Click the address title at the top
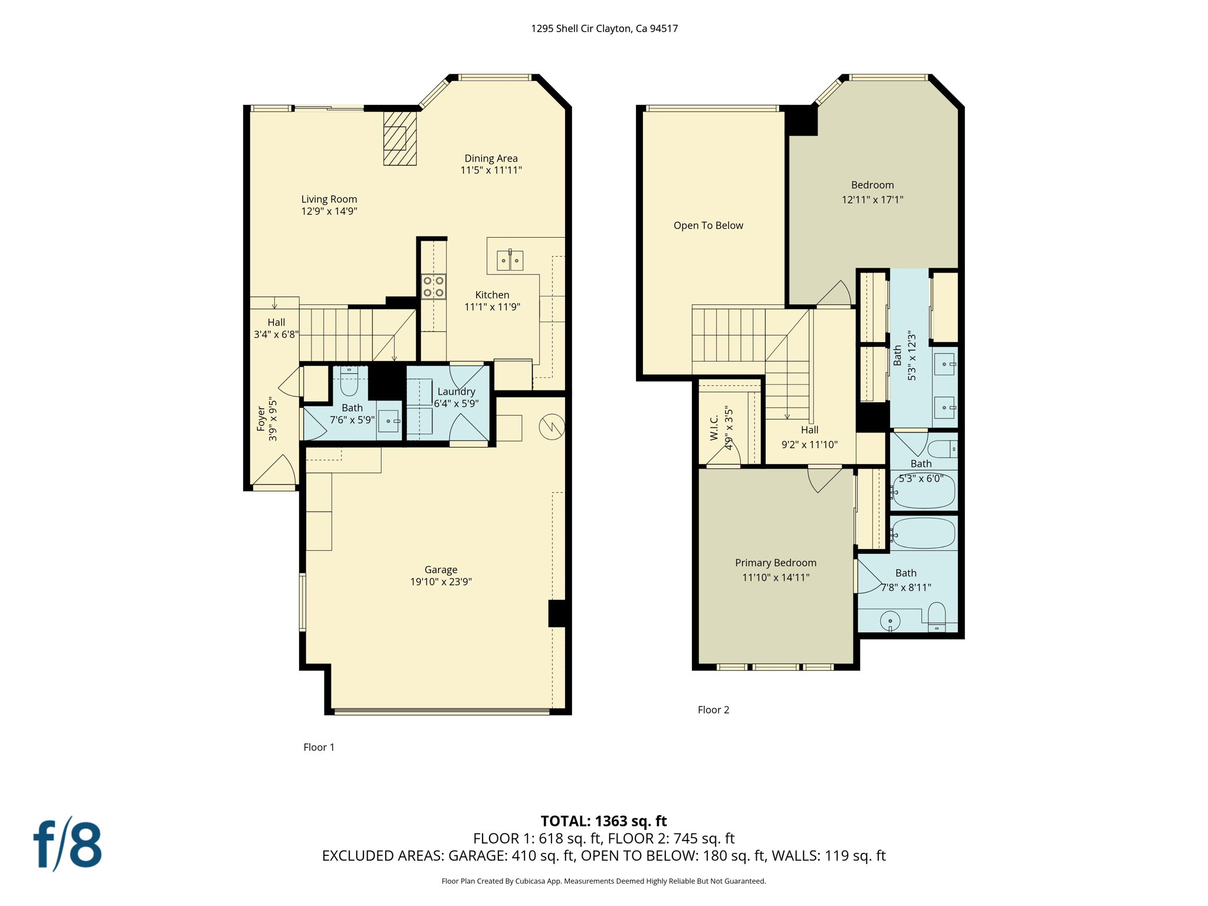(x=604, y=28)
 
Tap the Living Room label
(x=329, y=199)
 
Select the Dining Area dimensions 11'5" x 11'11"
(x=491, y=170)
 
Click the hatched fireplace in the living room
(x=400, y=138)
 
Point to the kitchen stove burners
(x=434, y=287)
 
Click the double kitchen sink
(x=510, y=260)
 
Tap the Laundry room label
(x=456, y=392)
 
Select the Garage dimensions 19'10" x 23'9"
(x=441, y=582)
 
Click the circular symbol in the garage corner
(x=552, y=426)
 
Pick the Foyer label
(x=261, y=419)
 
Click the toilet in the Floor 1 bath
(x=349, y=381)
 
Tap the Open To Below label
(x=708, y=225)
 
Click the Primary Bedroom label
(x=776, y=563)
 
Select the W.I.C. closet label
(x=714, y=428)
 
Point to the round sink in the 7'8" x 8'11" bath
(x=890, y=621)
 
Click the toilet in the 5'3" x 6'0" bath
(x=943, y=449)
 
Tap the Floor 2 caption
(x=714, y=710)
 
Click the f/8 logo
(x=67, y=844)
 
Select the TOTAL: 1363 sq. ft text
(x=604, y=821)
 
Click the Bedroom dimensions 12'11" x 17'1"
(x=872, y=200)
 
